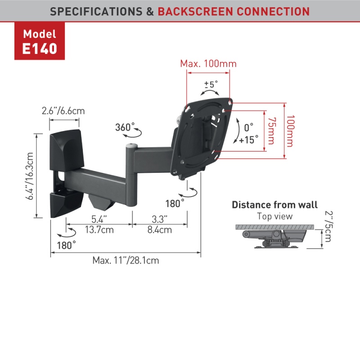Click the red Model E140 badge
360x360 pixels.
point(40,41)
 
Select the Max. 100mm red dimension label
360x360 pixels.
point(208,63)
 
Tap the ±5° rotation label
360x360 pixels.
point(211,84)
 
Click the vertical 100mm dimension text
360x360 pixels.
point(290,131)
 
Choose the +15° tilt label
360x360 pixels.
point(249,139)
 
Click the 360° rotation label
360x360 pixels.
point(125,127)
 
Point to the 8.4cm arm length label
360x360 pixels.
point(159,230)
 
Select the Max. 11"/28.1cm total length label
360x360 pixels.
point(126,260)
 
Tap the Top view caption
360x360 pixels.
point(274,216)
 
